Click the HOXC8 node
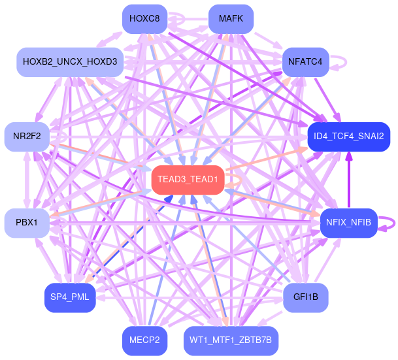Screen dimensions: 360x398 click(x=144, y=18)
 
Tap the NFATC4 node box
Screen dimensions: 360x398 click(x=304, y=62)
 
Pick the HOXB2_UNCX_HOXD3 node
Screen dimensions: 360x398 click(x=70, y=62)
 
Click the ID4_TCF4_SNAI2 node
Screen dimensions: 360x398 click(x=348, y=137)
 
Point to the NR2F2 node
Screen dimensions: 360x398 click(x=27, y=137)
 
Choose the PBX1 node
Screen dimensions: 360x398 click(x=27, y=223)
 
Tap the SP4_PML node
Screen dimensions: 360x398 click(x=70, y=297)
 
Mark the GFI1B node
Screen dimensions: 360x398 click(x=305, y=297)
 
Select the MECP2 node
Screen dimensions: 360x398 click(x=144, y=340)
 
